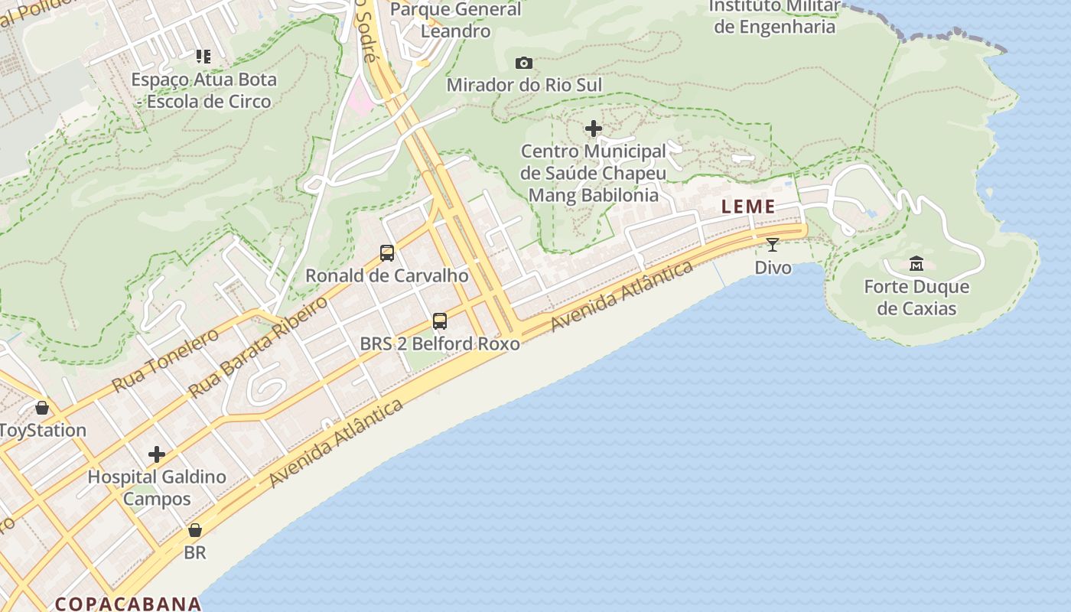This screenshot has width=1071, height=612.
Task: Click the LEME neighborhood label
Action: (x=748, y=207)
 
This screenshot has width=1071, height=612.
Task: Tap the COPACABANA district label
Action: (x=128, y=604)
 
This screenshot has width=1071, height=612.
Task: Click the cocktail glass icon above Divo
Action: (x=772, y=245)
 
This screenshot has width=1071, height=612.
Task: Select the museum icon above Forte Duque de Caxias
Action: (x=916, y=264)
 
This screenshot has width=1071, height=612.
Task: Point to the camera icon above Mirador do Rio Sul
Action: (x=524, y=63)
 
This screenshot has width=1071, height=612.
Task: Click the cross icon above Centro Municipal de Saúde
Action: (x=593, y=129)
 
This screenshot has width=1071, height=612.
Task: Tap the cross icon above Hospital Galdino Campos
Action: (x=157, y=454)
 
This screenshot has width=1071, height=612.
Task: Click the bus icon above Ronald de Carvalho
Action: (x=387, y=253)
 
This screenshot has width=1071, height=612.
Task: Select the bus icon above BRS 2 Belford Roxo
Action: (x=440, y=321)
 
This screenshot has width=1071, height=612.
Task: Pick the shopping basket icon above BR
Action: (x=195, y=529)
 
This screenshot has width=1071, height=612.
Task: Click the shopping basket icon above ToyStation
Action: (x=42, y=408)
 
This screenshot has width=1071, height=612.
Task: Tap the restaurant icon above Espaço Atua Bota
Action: (x=203, y=56)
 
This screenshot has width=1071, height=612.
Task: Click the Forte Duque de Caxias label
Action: (x=916, y=298)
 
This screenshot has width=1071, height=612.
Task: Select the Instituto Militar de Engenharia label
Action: (x=773, y=17)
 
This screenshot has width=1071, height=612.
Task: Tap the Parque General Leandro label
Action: (x=456, y=21)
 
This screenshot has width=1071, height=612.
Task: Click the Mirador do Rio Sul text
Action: (x=524, y=85)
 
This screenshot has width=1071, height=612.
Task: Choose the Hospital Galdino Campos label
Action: (x=157, y=487)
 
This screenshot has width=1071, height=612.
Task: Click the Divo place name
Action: (x=773, y=268)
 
